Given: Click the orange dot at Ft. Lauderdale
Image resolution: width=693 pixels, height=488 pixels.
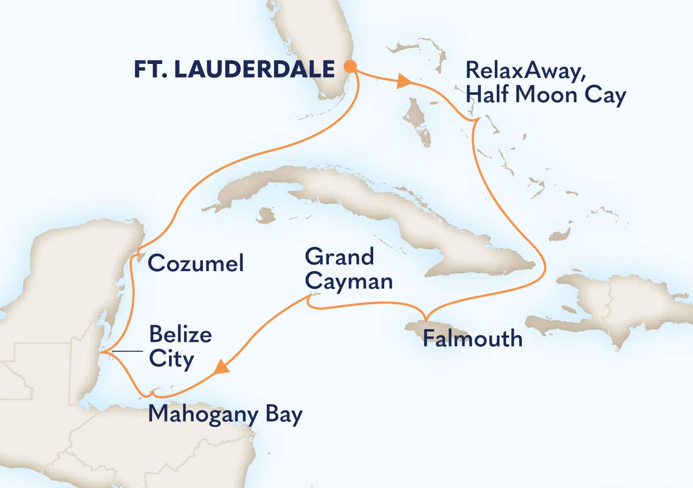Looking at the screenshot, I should tap(350, 67).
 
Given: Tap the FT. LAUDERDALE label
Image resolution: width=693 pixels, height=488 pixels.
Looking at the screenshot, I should tap(234, 69).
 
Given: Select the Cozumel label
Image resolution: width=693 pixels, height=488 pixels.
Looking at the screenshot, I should tap(196, 263).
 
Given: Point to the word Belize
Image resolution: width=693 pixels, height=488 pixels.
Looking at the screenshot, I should tap(180, 335).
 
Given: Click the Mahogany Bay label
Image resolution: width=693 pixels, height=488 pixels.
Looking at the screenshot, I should tap(225, 414).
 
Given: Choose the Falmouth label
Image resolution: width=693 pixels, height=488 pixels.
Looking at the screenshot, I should tap(472, 338).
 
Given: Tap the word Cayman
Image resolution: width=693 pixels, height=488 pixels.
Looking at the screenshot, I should tap(349, 281).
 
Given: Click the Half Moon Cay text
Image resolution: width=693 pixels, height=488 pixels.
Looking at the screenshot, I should tap(546, 94).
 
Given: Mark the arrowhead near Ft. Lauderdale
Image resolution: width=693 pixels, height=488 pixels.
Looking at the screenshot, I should tap(404, 82).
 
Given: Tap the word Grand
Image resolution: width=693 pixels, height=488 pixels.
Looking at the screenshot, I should tap(340, 257).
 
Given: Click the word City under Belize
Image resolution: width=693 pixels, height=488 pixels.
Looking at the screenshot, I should tap(172, 359).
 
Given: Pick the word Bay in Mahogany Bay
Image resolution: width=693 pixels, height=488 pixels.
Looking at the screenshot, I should tap(284, 414).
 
